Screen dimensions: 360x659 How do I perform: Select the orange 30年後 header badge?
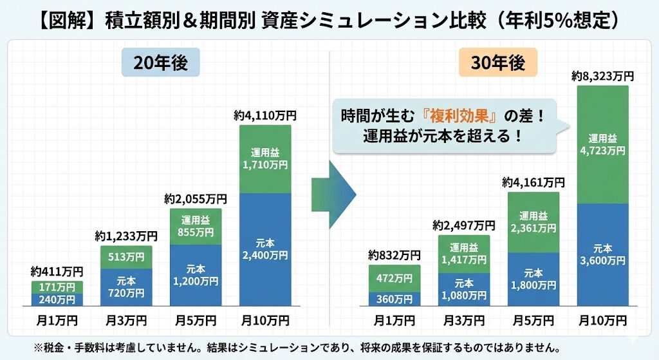498,64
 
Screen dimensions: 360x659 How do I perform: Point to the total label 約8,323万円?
602,77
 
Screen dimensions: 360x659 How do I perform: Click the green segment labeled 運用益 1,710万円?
265,158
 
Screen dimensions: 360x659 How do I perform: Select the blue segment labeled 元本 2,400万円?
265,250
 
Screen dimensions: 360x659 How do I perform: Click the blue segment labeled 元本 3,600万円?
603,254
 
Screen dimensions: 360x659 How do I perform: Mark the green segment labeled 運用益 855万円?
196,227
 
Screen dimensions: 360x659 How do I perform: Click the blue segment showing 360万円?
394,299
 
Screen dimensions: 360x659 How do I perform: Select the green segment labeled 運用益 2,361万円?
534,222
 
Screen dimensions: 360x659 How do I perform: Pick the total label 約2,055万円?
196,198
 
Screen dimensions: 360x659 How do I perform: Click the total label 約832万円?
394,255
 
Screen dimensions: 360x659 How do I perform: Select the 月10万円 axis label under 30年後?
603,320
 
